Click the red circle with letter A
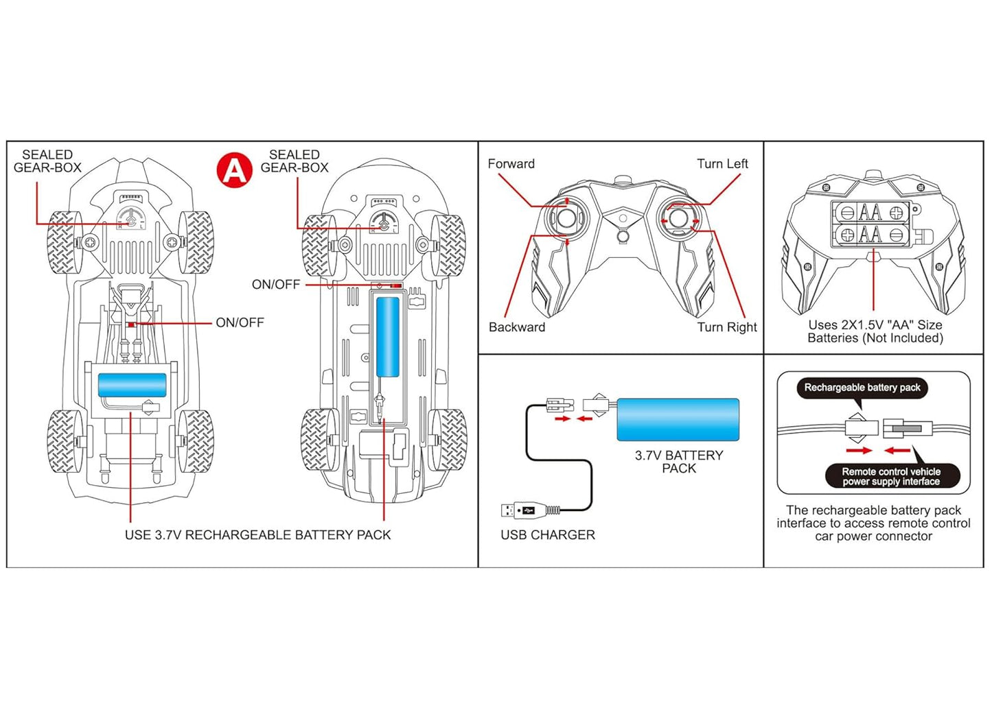235,169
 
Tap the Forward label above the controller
511,164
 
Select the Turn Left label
722,164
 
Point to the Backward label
516,327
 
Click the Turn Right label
726,327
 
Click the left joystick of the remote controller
567,218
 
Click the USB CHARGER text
547,535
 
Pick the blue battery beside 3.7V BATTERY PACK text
678,419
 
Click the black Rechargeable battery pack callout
862,388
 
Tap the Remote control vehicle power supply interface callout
890,476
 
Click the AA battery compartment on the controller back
871,224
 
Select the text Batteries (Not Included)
875,338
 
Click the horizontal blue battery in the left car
132,385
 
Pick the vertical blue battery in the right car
388,337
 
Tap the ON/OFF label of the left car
240,322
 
